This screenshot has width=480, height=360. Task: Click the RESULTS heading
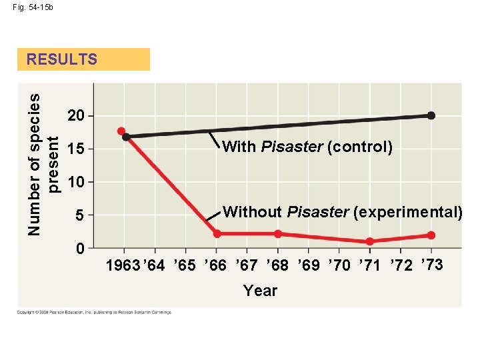(x=62, y=59)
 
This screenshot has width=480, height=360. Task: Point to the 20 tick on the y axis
(x=76, y=117)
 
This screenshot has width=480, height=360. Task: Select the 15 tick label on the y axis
(x=76, y=149)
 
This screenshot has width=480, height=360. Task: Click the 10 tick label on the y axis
(x=76, y=183)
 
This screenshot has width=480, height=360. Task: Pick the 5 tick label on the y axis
(x=79, y=216)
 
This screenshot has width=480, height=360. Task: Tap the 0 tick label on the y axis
(x=79, y=249)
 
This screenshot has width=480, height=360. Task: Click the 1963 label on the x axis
(x=123, y=266)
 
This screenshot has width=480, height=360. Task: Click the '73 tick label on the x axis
(x=432, y=265)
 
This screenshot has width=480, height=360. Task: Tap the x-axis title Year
(x=260, y=291)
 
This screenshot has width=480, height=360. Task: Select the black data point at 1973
(x=431, y=115)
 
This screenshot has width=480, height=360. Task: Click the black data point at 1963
(x=127, y=137)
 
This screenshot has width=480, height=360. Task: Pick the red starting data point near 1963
(x=121, y=131)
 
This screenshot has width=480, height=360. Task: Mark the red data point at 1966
(x=217, y=233)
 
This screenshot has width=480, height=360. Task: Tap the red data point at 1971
(x=370, y=241)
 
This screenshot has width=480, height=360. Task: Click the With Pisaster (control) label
(x=307, y=147)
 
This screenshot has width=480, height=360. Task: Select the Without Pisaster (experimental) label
(x=343, y=213)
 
